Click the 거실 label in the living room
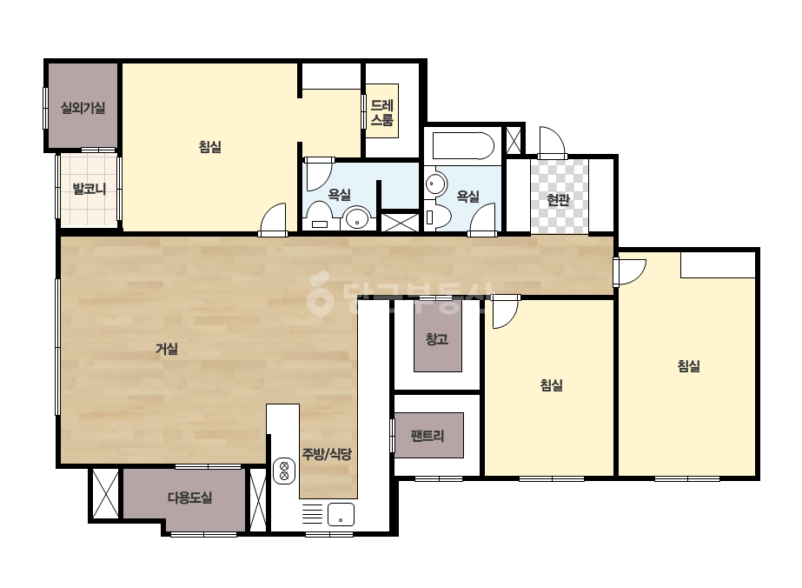pyautogui.click(x=167, y=350)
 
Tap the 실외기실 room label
pyautogui.click(x=83, y=108)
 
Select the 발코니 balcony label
pyautogui.click(x=89, y=189)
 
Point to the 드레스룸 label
pyautogui.click(x=382, y=113)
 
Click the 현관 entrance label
pyautogui.click(x=558, y=200)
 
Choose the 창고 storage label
pyautogui.click(x=437, y=339)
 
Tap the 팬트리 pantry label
pyautogui.click(x=428, y=436)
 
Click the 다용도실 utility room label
pyautogui.click(x=189, y=498)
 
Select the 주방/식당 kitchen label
pyautogui.click(x=327, y=454)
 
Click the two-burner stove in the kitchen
pyautogui.click(x=284, y=471)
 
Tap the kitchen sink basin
pyautogui.click(x=341, y=514)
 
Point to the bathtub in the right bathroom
pyautogui.click(x=463, y=146)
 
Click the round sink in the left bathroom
pyautogui.click(x=357, y=218)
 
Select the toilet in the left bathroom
pyautogui.click(x=320, y=216)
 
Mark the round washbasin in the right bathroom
pyautogui.click(x=436, y=184)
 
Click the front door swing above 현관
pyautogui.click(x=553, y=142)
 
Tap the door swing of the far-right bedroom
pyautogui.click(x=630, y=271)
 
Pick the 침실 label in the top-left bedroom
pyautogui.click(x=209, y=147)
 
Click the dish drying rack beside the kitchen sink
pyautogui.click(x=312, y=514)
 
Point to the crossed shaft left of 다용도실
pyautogui.click(x=105, y=494)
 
